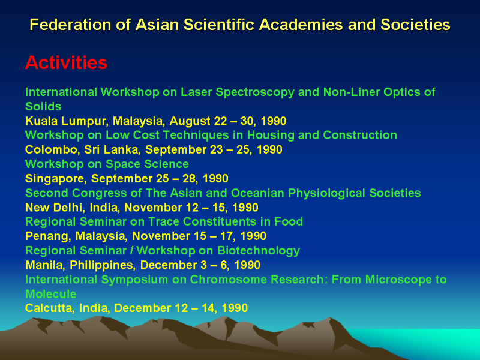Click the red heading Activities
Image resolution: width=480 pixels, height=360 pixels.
tap(66, 62)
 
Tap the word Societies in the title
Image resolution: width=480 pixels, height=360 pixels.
tap(415, 25)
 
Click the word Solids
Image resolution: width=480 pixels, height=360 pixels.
tap(43, 106)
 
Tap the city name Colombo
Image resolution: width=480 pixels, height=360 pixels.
tap(51, 149)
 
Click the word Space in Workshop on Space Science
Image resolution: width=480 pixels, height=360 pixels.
tap(123, 164)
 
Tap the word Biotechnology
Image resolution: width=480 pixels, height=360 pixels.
tap(259, 251)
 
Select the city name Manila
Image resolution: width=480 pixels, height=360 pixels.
tap(44, 265)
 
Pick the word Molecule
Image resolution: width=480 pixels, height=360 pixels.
tap(50, 294)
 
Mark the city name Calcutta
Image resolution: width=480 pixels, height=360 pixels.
tap(49, 308)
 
